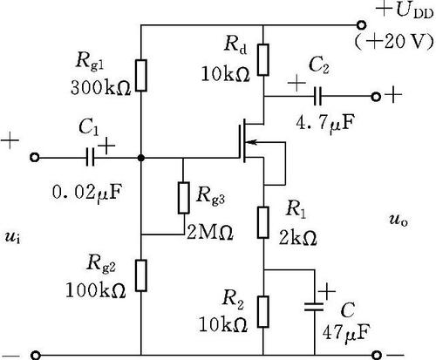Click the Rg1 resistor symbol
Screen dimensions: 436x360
point(141,76)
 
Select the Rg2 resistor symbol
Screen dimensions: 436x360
point(141,275)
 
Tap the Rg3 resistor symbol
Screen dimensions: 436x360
point(183,198)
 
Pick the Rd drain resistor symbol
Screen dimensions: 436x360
point(263,60)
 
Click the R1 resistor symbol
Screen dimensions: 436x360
point(263,222)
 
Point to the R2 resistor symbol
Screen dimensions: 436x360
point(263,312)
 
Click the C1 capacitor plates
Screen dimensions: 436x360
point(91,158)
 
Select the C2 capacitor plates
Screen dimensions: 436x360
point(317,96)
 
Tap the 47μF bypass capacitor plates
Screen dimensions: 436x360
point(314,307)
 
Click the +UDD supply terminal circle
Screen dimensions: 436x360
point(361,25)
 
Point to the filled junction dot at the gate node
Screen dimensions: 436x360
point(141,158)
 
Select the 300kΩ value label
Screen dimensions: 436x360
point(100,87)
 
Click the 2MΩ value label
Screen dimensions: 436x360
point(209,232)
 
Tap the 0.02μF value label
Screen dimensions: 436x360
point(86,193)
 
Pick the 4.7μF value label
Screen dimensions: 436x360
point(325,124)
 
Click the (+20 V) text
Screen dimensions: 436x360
point(394,42)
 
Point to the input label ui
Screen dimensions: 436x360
point(13,237)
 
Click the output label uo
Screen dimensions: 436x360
point(399,221)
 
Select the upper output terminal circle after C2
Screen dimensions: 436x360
point(376,97)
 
